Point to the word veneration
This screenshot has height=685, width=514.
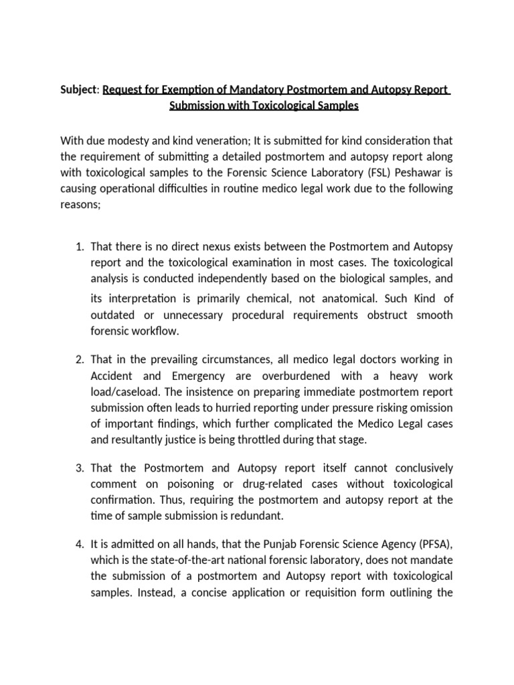(201, 140)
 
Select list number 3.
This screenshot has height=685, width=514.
(78, 467)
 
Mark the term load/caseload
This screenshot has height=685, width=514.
(125, 391)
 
